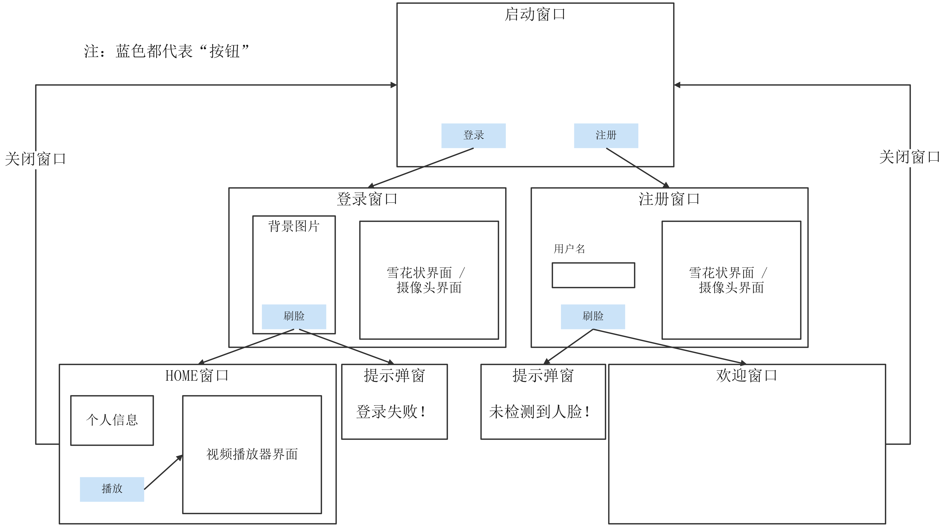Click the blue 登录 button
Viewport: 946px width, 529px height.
tap(473, 136)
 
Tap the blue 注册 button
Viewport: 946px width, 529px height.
tap(606, 136)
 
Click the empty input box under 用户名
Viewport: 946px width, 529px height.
tap(593, 275)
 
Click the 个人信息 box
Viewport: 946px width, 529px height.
tap(112, 420)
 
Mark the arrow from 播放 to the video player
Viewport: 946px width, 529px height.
tap(163, 472)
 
